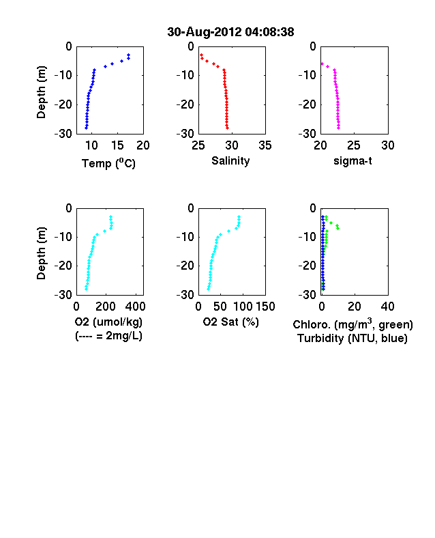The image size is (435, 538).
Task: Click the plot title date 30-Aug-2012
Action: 204,32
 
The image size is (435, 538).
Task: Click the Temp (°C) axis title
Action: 108,163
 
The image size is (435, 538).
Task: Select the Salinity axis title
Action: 230,160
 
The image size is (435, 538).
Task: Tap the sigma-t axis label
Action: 352,160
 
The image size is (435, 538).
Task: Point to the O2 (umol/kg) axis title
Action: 108,322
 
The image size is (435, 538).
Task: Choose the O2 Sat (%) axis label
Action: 230,322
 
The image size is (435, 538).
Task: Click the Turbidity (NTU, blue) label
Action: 352,339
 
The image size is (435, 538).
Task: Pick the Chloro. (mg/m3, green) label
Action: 352,324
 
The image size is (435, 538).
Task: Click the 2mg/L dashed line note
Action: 108,335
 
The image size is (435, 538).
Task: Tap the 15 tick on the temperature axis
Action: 117,145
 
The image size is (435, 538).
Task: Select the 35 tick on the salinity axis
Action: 265,145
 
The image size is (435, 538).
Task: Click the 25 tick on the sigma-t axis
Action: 353,145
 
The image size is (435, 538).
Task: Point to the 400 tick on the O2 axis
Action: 136,307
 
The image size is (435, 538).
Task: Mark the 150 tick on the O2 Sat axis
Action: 265,307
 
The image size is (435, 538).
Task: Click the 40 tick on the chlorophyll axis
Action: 387,307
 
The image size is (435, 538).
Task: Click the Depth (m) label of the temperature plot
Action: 41,92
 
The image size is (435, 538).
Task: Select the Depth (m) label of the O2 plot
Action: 41,253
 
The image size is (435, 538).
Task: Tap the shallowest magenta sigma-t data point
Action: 322,63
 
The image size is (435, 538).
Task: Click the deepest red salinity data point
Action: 227,128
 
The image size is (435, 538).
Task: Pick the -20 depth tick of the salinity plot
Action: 185,104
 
